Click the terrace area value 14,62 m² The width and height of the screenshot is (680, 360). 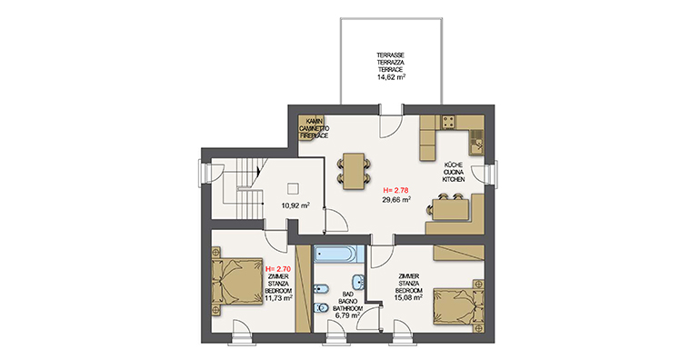point(391,76)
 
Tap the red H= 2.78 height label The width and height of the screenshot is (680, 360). point(396,190)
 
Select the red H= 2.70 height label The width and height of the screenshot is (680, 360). point(278,269)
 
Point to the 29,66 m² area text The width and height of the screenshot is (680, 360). point(396,199)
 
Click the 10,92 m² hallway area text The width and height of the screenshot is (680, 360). point(295,205)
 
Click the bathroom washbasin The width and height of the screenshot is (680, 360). point(359,283)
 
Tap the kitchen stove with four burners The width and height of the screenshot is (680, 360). point(448,122)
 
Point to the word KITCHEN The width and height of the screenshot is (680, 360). point(454,179)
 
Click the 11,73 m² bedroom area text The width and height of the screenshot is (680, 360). point(278,298)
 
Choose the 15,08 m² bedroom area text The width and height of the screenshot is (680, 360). point(408,297)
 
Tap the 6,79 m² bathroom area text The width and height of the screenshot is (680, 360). point(347,315)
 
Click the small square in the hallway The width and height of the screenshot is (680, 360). point(293,189)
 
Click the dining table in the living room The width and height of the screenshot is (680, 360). point(354,171)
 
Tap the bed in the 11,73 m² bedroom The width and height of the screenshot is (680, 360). point(237,281)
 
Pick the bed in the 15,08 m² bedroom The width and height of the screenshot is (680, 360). point(459,306)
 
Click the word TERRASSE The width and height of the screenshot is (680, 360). point(391,55)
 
